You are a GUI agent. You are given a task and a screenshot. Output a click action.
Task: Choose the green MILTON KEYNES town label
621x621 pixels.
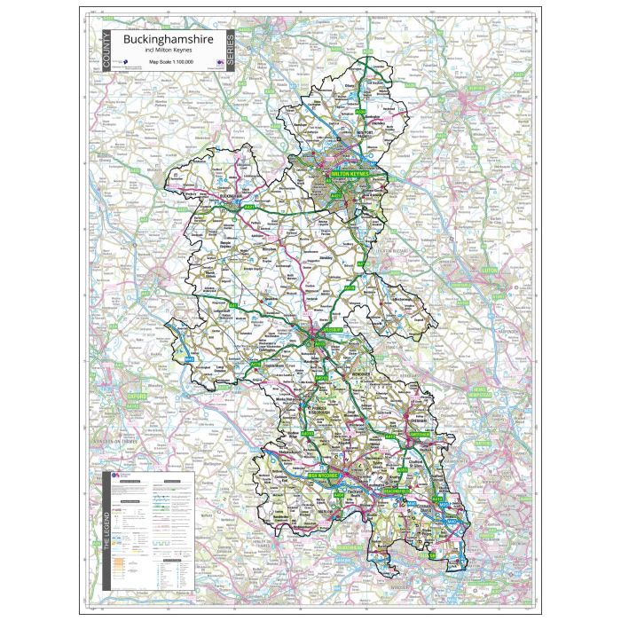[349, 176]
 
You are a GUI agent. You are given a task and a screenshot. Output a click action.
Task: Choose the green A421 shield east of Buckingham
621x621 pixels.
[248, 207]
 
